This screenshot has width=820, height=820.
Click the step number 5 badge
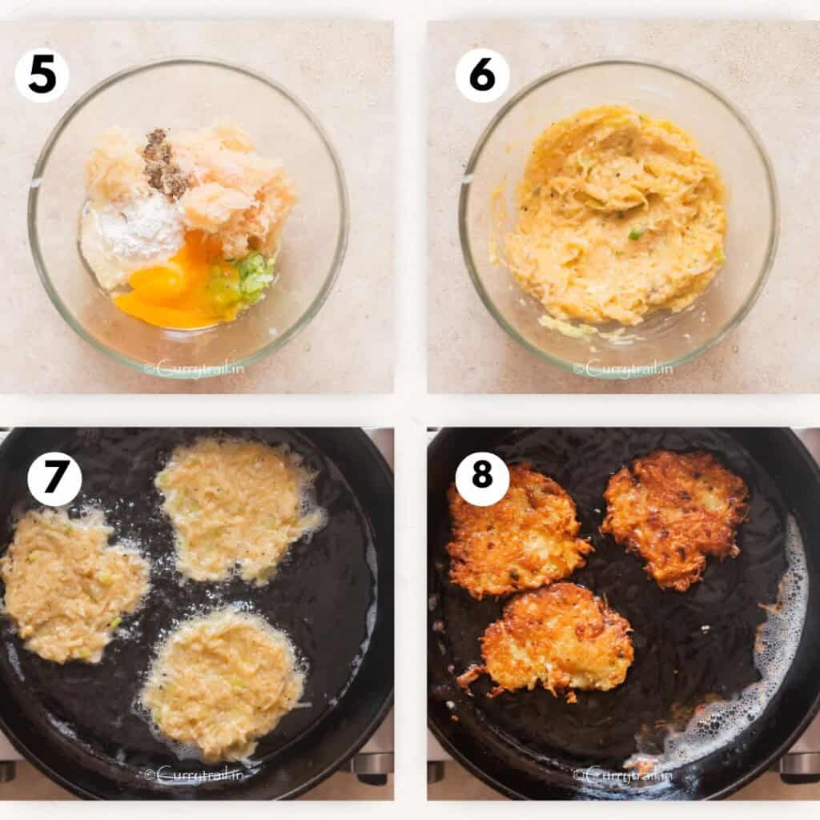pos(42,75)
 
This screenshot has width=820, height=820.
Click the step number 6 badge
pos(482,75)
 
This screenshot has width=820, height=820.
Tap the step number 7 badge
pos(54,479)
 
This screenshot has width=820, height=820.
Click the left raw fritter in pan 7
pos(72,585)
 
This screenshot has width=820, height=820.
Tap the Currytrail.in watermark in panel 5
pos(195,369)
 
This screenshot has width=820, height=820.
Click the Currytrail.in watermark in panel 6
pos(624,369)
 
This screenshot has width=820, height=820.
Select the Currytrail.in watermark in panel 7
pos(195,774)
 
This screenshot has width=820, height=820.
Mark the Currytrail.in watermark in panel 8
pos(624,774)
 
